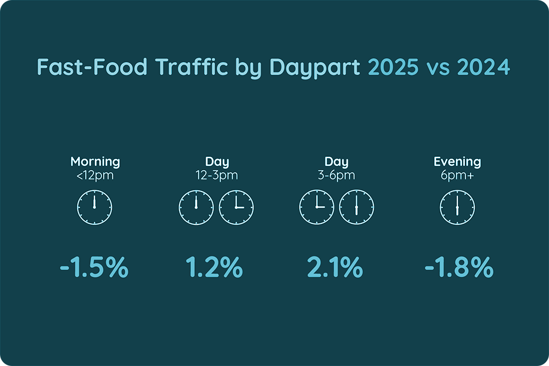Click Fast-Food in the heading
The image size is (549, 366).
93,67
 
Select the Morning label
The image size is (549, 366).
95,162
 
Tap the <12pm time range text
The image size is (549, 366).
95,176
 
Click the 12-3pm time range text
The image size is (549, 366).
216,176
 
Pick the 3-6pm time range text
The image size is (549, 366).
336,176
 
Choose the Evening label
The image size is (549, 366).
457,162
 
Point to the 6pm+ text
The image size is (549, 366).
457,176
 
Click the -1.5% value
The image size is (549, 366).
94,268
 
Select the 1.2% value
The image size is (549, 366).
214,268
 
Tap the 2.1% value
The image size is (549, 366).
334,268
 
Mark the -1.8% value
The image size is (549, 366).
459,268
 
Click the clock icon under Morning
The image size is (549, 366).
94,208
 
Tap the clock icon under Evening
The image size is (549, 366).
457,208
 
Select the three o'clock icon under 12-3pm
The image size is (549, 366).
237,208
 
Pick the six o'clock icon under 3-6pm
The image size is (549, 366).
356,208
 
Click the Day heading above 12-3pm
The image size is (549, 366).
217,162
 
